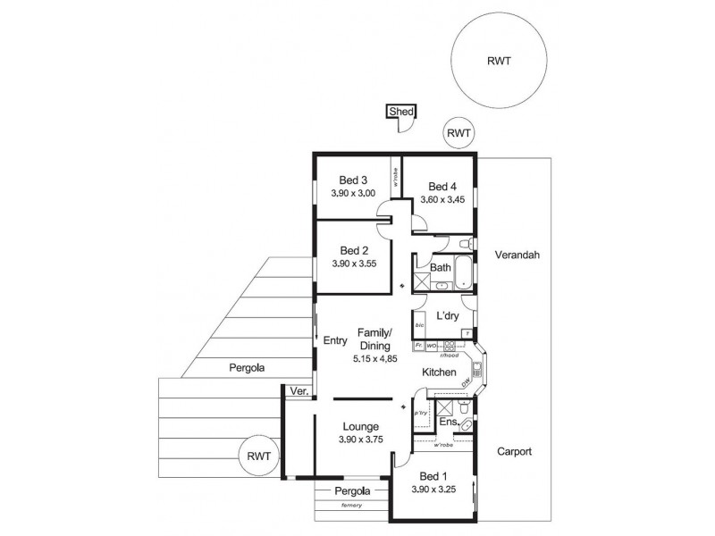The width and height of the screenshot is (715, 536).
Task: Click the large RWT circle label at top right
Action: [500, 62]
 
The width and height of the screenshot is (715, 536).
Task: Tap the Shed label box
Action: [400, 112]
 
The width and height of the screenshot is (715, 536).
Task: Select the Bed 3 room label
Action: [353, 180]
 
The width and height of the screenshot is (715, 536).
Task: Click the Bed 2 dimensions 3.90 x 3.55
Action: [354, 265]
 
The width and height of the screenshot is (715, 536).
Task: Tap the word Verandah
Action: [517, 255]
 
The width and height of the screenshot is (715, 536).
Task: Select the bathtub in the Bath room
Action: [464, 273]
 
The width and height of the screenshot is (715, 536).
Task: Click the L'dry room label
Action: [447, 316]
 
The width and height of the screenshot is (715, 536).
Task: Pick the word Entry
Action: [334, 339]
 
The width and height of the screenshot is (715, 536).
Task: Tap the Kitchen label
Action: [440, 372]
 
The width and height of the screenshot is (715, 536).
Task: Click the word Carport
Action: [514, 452]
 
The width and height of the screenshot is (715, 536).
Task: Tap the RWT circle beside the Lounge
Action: [259, 457]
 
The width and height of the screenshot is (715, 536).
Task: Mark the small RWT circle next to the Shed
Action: [459, 134]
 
